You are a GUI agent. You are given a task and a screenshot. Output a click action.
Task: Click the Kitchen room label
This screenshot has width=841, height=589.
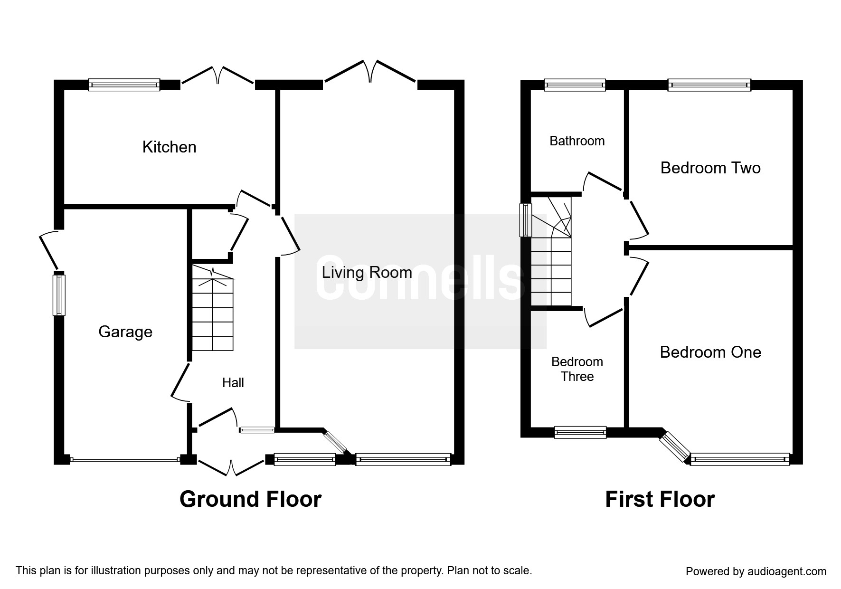point(169,147)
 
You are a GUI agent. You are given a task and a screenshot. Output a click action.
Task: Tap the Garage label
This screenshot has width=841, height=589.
point(125,332)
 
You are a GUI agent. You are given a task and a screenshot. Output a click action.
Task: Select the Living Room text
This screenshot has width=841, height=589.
point(367,273)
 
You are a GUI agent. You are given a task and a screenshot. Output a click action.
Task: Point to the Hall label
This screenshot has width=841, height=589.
point(233,383)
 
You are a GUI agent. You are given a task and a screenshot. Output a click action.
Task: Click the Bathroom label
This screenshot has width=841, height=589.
point(577,141)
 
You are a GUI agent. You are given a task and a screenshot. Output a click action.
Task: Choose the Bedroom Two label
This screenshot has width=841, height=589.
point(710,168)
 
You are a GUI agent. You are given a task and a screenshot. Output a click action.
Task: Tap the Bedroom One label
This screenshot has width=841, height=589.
point(710,352)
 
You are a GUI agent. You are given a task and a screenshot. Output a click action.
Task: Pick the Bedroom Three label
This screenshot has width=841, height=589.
point(577,369)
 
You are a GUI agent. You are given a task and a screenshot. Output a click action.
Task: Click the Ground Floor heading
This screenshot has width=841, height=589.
point(250,500)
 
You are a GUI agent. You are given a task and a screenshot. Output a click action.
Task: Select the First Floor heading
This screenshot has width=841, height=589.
point(660,500)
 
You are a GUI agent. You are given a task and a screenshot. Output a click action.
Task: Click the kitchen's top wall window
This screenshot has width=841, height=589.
point(124,85)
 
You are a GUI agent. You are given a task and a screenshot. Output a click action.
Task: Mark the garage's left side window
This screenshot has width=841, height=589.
point(59,294)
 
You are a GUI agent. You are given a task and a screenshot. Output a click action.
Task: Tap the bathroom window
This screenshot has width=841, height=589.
point(575,85)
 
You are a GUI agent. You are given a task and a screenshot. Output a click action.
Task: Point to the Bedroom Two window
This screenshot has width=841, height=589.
point(709,85)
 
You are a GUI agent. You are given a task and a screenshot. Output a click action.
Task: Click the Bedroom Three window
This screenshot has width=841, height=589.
point(580,432)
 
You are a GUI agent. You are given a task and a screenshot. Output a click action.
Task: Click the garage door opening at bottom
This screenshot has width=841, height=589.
point(124,459)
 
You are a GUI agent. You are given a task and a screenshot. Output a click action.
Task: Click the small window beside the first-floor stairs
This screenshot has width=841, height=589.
point(525,220)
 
